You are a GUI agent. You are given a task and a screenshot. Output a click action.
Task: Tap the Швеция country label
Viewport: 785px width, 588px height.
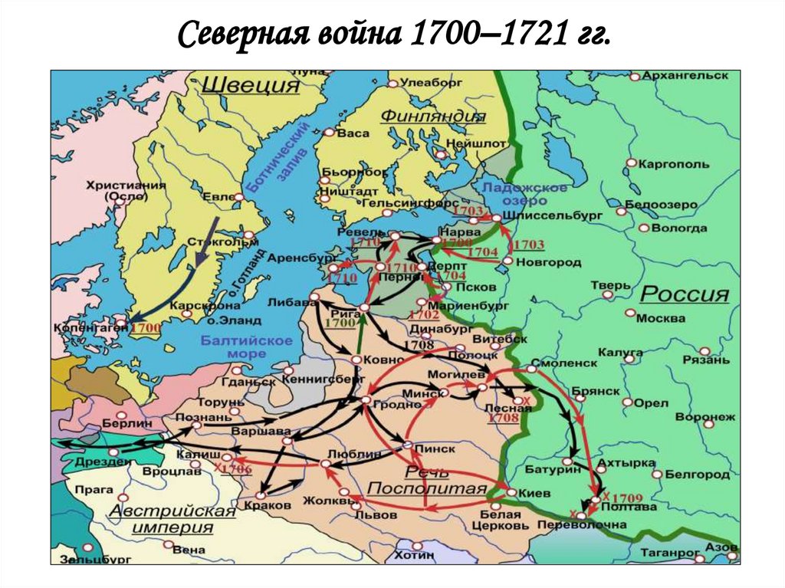coord(250,84)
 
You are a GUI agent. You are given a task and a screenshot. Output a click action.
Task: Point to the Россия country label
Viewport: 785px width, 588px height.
coord(685,294)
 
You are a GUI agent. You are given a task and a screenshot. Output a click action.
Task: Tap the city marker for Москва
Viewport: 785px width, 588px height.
coord(630,314)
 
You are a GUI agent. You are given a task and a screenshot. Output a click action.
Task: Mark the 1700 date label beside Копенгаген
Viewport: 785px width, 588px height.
coord(146,327)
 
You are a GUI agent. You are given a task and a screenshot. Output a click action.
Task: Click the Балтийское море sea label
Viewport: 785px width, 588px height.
coord(246,347)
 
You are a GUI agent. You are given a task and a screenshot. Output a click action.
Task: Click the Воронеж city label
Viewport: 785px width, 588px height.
coord(705,417)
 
